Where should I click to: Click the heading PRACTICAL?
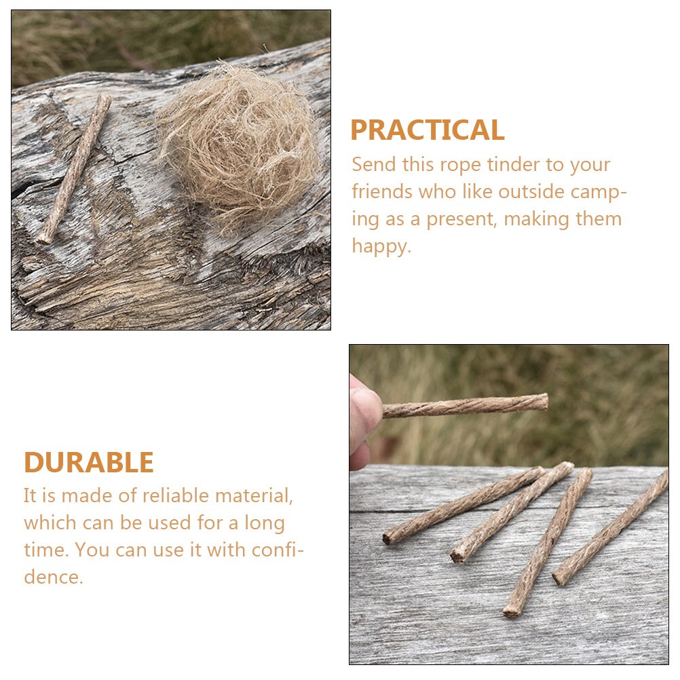[x=427, y=130]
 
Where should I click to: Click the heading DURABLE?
[x=89, y=463]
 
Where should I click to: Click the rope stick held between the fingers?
[x=464, y=405]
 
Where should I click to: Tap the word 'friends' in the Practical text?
[x=381, y=192]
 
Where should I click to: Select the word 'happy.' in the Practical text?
[x=381, y=246]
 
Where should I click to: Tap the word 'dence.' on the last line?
[x=54, y=578]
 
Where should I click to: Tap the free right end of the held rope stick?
[x=544, y=402]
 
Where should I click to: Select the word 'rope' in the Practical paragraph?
[x=461, y=165]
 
